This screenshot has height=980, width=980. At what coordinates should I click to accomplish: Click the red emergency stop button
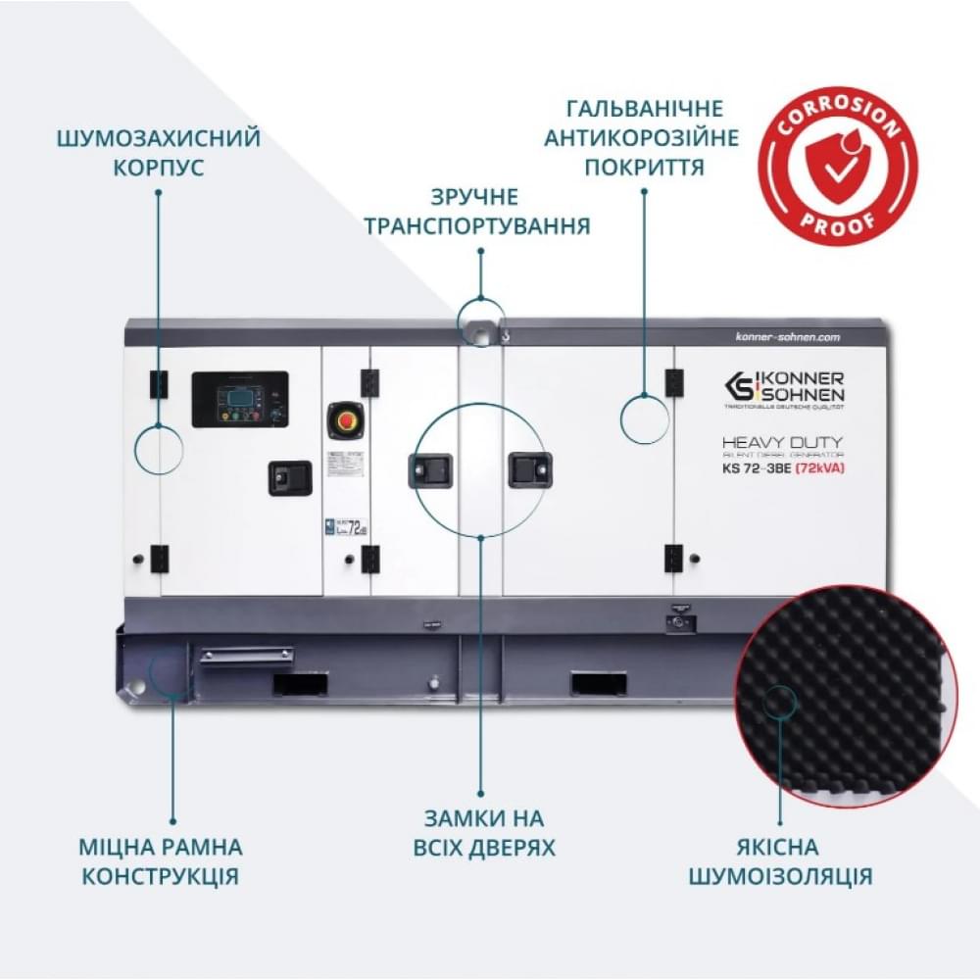344,418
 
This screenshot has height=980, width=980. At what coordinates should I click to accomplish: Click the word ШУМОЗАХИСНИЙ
158,137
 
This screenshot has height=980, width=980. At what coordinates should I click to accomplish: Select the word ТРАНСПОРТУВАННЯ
477,226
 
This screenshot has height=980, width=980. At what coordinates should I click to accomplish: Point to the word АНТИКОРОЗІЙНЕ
643,137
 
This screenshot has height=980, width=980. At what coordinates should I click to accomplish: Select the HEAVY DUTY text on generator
782,442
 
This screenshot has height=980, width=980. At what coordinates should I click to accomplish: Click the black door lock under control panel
290,477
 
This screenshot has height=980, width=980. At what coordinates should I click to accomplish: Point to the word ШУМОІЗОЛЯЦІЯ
780,875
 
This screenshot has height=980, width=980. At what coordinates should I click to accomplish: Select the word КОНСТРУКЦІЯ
160,875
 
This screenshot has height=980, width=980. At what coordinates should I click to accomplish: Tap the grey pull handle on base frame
247,654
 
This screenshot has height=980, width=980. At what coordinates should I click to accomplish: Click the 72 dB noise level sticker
346,527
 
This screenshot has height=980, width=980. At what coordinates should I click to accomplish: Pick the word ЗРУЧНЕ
479,197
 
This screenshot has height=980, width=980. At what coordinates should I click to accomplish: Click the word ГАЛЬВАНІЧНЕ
643,108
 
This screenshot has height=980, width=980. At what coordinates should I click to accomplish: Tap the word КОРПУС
158,168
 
